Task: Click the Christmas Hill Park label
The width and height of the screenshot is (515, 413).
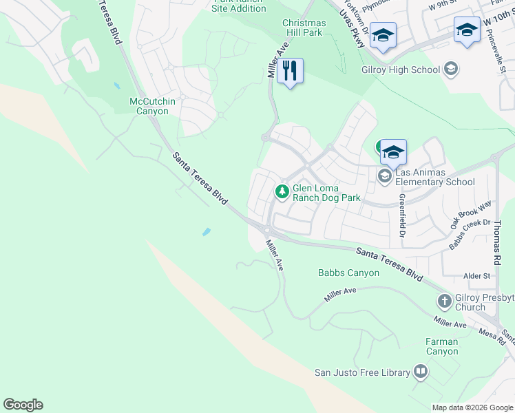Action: (x=304, y=28)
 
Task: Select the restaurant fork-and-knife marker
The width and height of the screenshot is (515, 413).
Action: (x=290, y=70)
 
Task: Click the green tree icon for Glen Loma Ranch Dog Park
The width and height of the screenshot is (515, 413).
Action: (x=282, y=191)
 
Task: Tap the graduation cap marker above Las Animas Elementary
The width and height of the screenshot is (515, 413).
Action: (x=392, y=152)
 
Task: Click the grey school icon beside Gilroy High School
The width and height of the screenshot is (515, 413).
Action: (x=451, y=70)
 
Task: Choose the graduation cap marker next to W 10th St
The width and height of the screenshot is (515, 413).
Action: (x=467, y=30)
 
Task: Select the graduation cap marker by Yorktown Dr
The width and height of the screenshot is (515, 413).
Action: (x=382, y=35)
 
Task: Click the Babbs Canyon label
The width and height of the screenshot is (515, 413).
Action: (x=348, y=273)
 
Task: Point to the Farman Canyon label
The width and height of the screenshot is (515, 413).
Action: (x=442, y=346)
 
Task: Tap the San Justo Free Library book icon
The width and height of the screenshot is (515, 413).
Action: (x=420, y=373)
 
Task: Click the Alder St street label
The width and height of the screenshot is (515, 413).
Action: (x=476, y=276)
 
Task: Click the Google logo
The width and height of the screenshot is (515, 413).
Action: (x=23, y=405)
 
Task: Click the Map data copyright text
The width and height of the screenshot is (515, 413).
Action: (x=472, y=407)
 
